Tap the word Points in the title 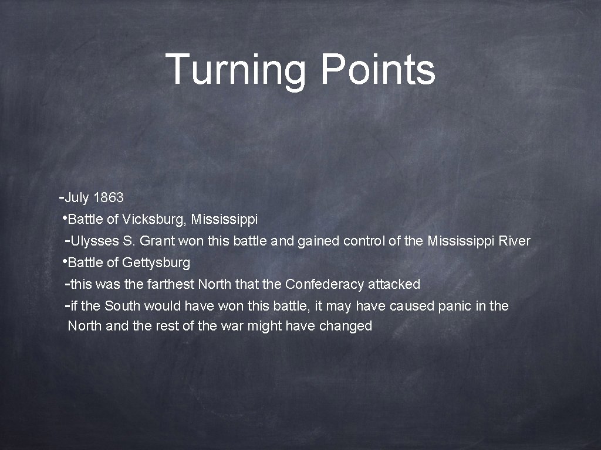click(377, 69)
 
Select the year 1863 click(108, 198)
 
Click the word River click(514, 241)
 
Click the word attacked click(394, 284)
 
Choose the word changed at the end click(346, 326)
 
